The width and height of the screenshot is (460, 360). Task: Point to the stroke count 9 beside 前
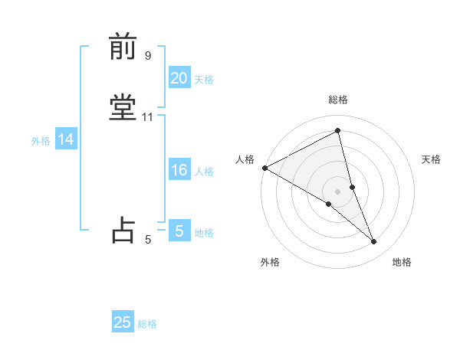click(148, 55)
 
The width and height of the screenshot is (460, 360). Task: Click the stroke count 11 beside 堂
click(148, 117)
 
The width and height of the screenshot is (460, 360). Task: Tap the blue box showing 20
click(179, 78)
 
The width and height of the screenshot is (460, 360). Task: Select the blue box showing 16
click(179, 170)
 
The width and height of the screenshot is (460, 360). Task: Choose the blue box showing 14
click(66, 139)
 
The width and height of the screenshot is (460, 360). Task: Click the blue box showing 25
click(123, 322)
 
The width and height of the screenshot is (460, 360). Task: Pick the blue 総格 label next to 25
click(147, 324)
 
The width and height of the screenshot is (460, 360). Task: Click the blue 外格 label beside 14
click(41, 141)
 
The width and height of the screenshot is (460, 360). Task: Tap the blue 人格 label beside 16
click(204, 172)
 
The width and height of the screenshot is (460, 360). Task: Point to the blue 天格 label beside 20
click(204, 80)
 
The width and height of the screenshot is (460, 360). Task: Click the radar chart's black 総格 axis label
click(337, 100)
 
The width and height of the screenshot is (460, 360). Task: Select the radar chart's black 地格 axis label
click(402, 263)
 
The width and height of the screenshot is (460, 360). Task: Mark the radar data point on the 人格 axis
click(264, 168)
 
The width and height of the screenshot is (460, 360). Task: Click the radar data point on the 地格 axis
click(374, 241)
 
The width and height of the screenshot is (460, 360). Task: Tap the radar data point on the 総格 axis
click(337, 131)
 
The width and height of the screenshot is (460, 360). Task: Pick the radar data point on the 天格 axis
click(352, 186)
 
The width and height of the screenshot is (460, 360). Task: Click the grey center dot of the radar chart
click(337, 191)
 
